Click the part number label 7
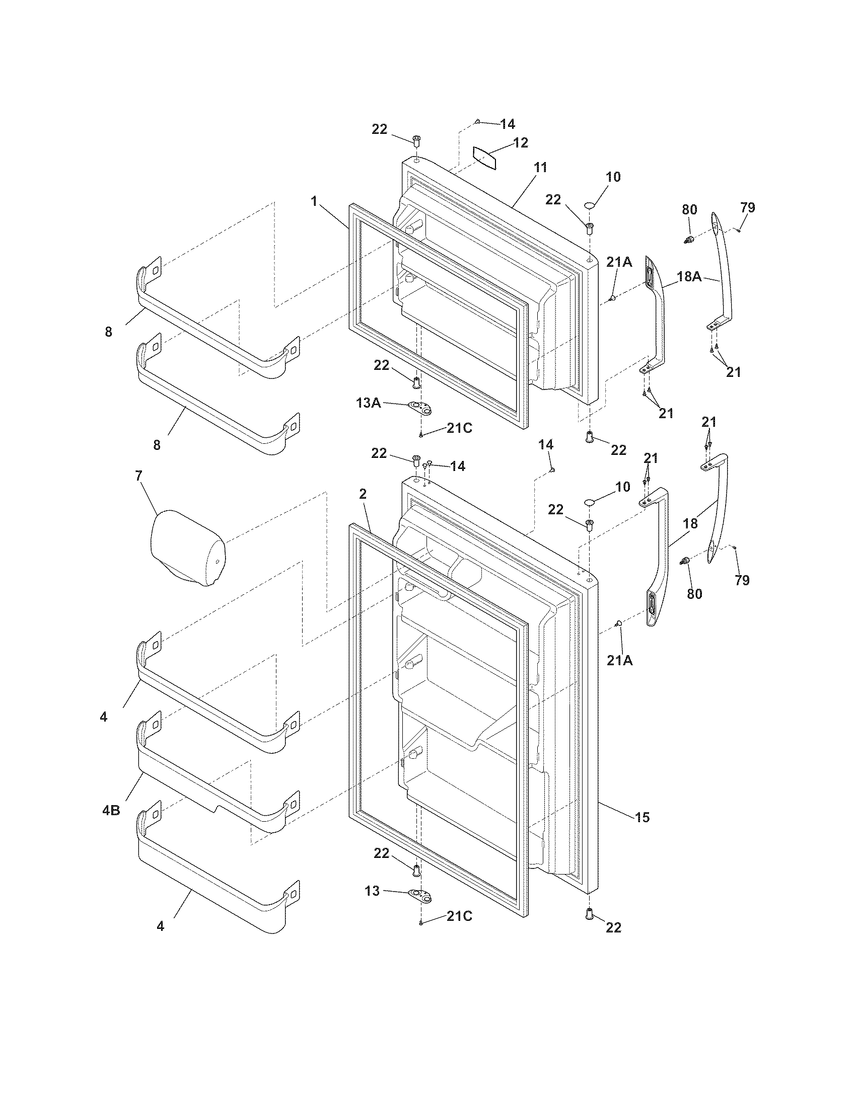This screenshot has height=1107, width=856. tap(138, 476)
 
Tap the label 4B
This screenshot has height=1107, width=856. tap(111, 811)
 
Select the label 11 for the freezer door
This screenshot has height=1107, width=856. tap(541, 168)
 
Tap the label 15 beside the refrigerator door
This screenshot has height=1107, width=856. tap(642, 818)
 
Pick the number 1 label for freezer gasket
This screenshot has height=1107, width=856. tap(314, 201)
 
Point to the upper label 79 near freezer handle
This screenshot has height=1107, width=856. tap(747, 207)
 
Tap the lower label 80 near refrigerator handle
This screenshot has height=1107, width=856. tap(694, 594)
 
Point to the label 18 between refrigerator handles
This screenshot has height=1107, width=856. tap(690, 524)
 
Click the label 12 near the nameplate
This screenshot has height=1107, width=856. tap(520, 142)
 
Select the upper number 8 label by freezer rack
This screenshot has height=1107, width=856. tap(109, 332)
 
